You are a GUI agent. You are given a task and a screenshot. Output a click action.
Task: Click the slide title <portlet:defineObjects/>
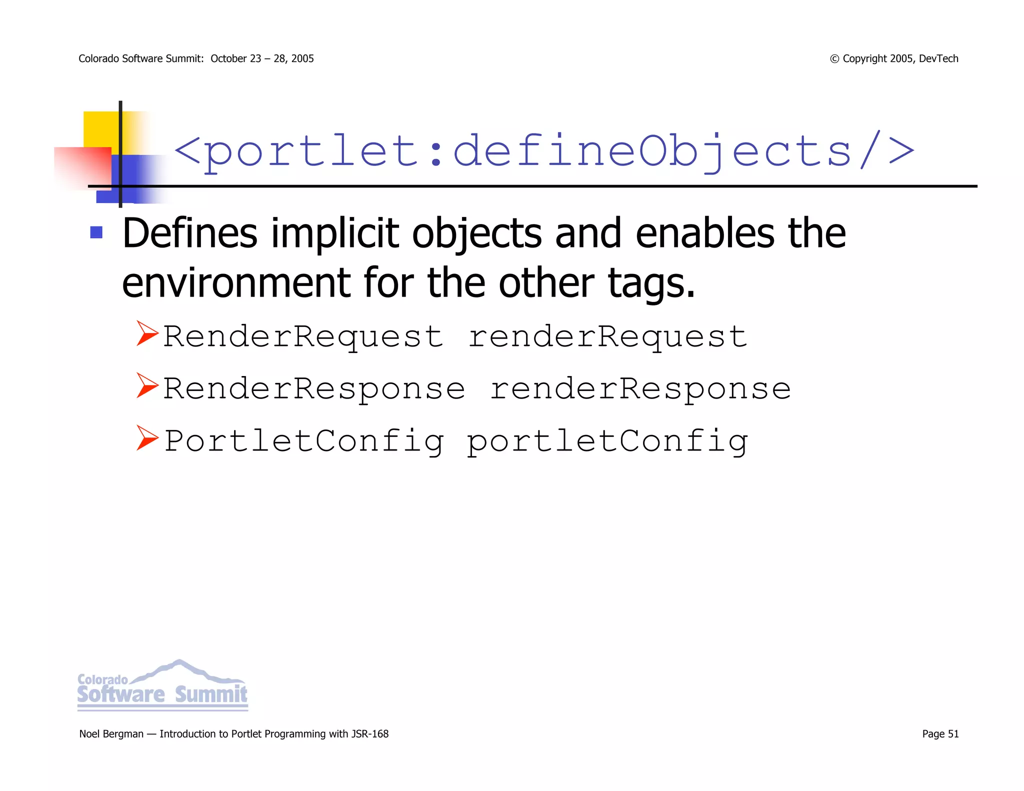tap(544, 150)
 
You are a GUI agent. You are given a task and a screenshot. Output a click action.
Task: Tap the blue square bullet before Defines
tap(96, 232)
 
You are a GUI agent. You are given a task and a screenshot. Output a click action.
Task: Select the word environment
tap(236, 283)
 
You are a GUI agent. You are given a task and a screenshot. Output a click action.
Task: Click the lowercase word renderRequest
tap(607, 336)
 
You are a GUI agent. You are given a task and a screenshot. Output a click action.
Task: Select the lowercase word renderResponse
tap(640, 388)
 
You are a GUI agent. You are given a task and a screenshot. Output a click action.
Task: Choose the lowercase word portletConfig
tap(607, 441)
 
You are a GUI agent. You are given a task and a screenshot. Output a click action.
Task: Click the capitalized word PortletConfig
tap(303, 441)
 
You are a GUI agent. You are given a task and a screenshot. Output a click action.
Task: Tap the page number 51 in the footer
tap(953, 734)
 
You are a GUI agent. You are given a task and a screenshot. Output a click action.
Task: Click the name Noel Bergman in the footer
tap(111, 734)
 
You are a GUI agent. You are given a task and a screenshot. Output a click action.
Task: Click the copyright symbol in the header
tap(834, 59)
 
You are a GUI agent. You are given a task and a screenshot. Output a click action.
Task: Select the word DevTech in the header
tap(938, 58)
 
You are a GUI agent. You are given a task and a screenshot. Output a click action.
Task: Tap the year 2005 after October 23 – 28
tap(302, 58)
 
